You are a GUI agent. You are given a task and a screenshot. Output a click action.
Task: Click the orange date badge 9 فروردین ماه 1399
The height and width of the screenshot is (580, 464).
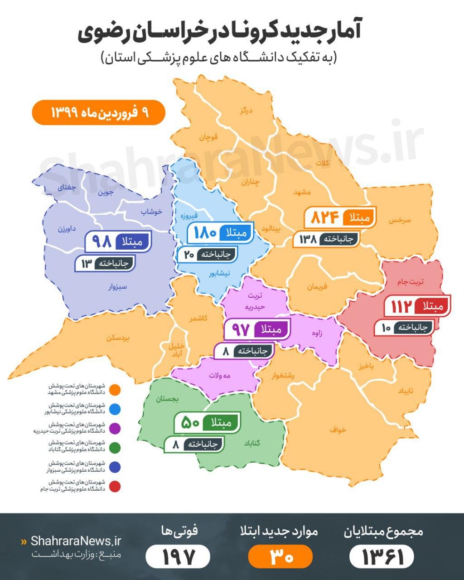[x=99, y=112]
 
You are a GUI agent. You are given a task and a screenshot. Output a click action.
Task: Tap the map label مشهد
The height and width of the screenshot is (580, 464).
[x=302, y=192]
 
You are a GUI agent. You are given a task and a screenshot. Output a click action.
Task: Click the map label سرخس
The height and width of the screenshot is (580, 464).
[x=399, y=220]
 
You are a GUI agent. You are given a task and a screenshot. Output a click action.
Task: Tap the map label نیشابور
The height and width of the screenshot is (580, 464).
[x=219, y=274]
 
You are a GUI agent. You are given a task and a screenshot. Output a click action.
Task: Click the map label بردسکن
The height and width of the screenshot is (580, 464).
[x=118, y=338]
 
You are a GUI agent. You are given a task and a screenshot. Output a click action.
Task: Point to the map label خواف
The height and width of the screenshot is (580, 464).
[x=338, y=430]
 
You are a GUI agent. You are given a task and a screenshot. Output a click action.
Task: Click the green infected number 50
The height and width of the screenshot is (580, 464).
[x=190, y=423]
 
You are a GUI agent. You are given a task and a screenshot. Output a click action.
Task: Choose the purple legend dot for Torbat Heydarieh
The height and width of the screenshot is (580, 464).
[x=116, y=428]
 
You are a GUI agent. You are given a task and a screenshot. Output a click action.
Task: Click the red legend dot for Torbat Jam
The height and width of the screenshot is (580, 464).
[x=116, y=487]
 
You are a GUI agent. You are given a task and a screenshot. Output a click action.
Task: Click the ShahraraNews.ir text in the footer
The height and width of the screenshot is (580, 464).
[x=76, y=541]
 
